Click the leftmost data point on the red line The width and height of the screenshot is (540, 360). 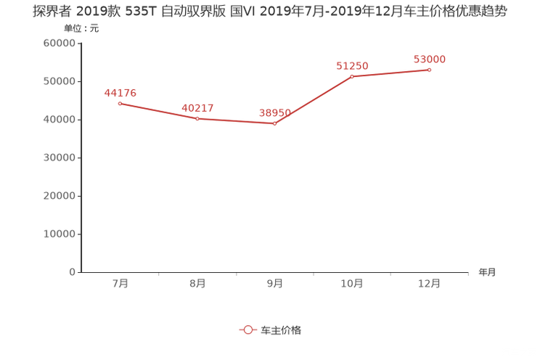(x=119, y=103)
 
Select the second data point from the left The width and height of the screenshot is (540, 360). (x=197, y=118)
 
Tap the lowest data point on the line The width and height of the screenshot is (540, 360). (x=274, y=124)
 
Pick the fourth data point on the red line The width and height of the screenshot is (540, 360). (x=352, y=76)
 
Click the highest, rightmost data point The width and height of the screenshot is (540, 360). (x=430, y=70)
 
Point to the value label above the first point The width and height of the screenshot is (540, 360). (x=120, y=92)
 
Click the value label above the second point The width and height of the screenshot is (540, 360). (x=197, y=108)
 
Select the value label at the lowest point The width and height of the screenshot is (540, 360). (x=274, y=112)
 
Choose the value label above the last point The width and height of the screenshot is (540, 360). (x=430, y=58)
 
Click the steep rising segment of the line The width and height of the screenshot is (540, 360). (x=314, y=100)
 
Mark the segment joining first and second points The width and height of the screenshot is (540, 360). (x=158, y=111)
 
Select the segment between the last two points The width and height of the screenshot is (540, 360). (x=391, y=73)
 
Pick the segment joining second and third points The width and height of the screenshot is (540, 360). (x=236, y=121)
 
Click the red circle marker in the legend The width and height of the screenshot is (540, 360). (x=247, y=330)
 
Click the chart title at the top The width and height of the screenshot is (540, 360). (x=269, y=12)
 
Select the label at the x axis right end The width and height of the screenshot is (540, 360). (x=487, y=273)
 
